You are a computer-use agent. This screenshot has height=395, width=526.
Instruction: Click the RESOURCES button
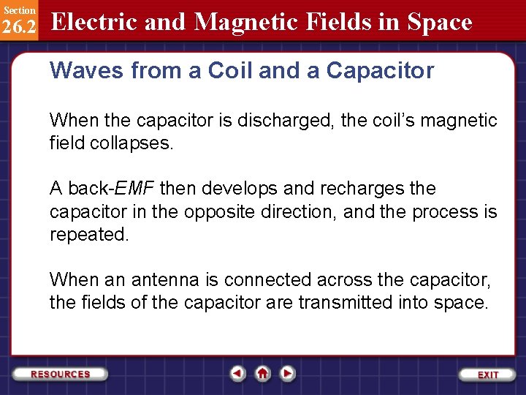pos(61,374)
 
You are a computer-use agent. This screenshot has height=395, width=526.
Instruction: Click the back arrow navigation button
pos(237,374)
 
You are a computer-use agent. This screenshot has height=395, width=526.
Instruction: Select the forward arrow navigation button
pos(288,374)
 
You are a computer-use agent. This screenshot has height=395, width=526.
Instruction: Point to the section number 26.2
pos(19,26)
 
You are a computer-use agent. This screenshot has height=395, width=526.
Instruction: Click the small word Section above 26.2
pos(18,10)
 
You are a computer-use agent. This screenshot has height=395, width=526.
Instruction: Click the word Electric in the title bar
pos(95,22)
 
